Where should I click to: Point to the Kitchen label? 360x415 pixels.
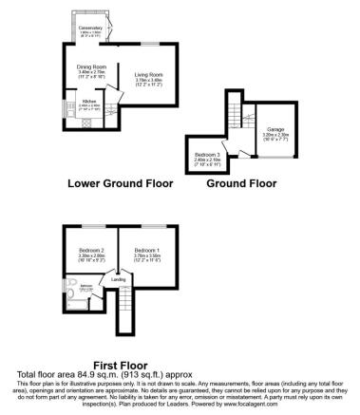pyautogui.click(x=88, y=101)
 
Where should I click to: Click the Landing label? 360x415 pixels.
pyautogui.click(x=119, y=280)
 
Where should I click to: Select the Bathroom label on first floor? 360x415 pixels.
pyautogui.click(x=85, y=286)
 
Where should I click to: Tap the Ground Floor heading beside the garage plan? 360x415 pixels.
pyautogui.click(x=242, y=182)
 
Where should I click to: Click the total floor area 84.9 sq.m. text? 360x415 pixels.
pyautogui.click(x=123, y=374)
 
